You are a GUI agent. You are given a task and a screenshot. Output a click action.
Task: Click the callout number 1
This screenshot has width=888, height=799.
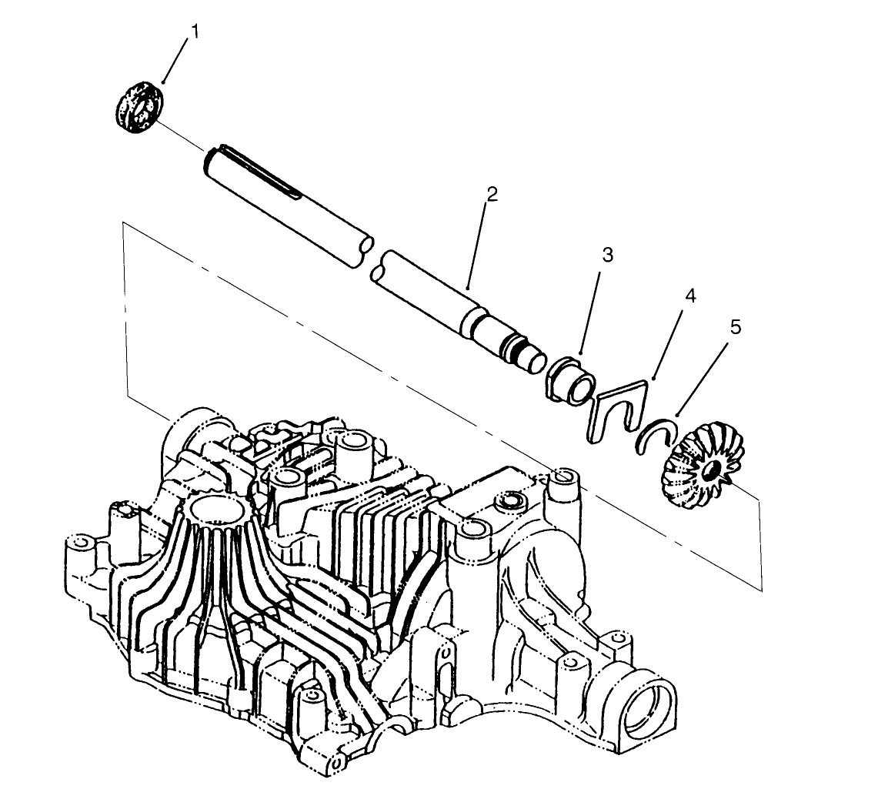(x=195, y=32)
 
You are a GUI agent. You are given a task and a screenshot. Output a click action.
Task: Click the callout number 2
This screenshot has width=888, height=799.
(x=491, y=193)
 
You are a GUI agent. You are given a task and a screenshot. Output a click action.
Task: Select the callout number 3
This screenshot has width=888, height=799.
(x=607, y=256)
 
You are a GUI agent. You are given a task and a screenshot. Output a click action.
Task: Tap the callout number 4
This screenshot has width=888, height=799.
(x=690, y=296)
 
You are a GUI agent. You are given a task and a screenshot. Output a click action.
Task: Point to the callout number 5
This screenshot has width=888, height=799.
(x=735, y=327)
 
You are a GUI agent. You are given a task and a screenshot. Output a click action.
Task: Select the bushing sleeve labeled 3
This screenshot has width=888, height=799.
(x=571, y=379)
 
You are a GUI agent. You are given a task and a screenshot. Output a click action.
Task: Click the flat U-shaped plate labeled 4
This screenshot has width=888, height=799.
(x=616, y=408)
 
